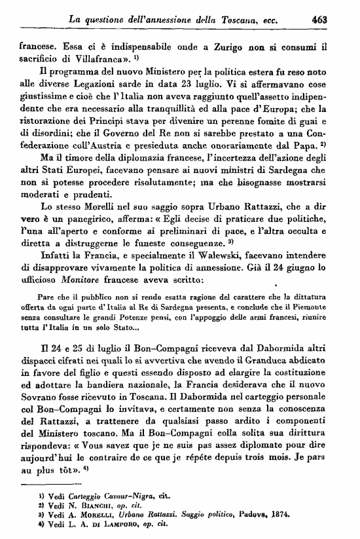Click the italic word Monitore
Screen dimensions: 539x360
[92, 298]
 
